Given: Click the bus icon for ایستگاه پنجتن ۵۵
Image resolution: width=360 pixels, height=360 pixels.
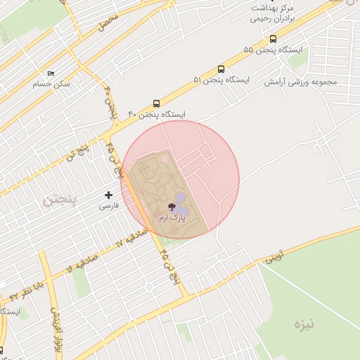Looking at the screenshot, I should click(273, 39).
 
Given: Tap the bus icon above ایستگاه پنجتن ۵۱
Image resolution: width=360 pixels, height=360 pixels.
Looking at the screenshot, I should click(221, 69).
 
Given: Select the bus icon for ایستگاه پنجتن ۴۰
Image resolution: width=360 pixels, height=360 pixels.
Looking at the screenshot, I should click(156, 102).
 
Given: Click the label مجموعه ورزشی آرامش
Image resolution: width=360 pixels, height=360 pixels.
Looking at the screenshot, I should click(301, 82).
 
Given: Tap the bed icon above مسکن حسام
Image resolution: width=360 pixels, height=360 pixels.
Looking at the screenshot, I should click(51, 73).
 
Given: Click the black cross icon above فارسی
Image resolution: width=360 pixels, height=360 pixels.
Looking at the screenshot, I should click(108, 194).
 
